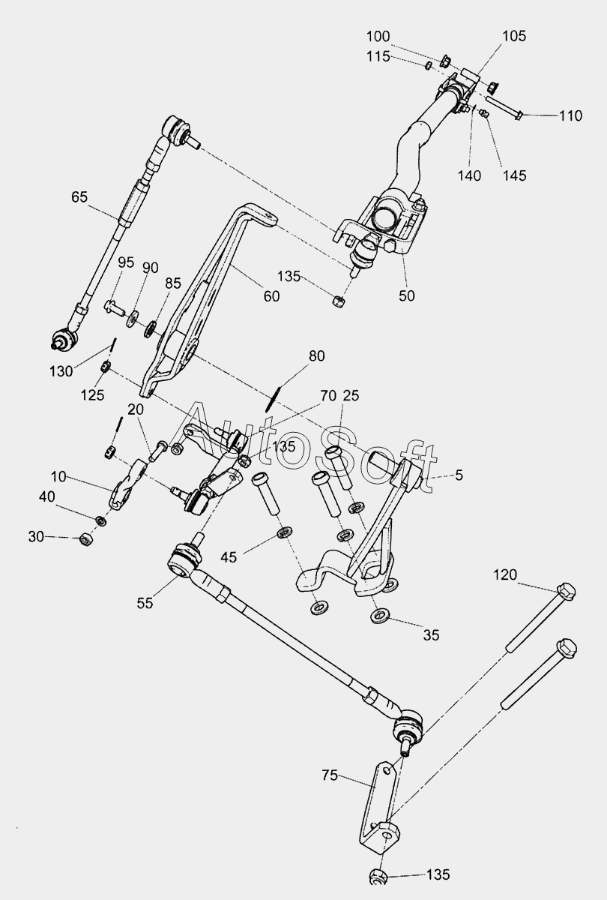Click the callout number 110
pos(570,116)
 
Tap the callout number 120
pos(505,575)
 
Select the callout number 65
pos(79,197)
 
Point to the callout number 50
pos(406,295)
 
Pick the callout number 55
pos(145,601)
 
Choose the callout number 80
pos(316,356)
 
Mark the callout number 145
pos(515,175)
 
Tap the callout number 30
pos(36,537)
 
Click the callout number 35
pos(431,635)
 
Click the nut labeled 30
pos(85,538)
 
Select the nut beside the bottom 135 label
pos(378,876)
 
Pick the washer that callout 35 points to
pos(379,616)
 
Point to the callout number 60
pos(271,296)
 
